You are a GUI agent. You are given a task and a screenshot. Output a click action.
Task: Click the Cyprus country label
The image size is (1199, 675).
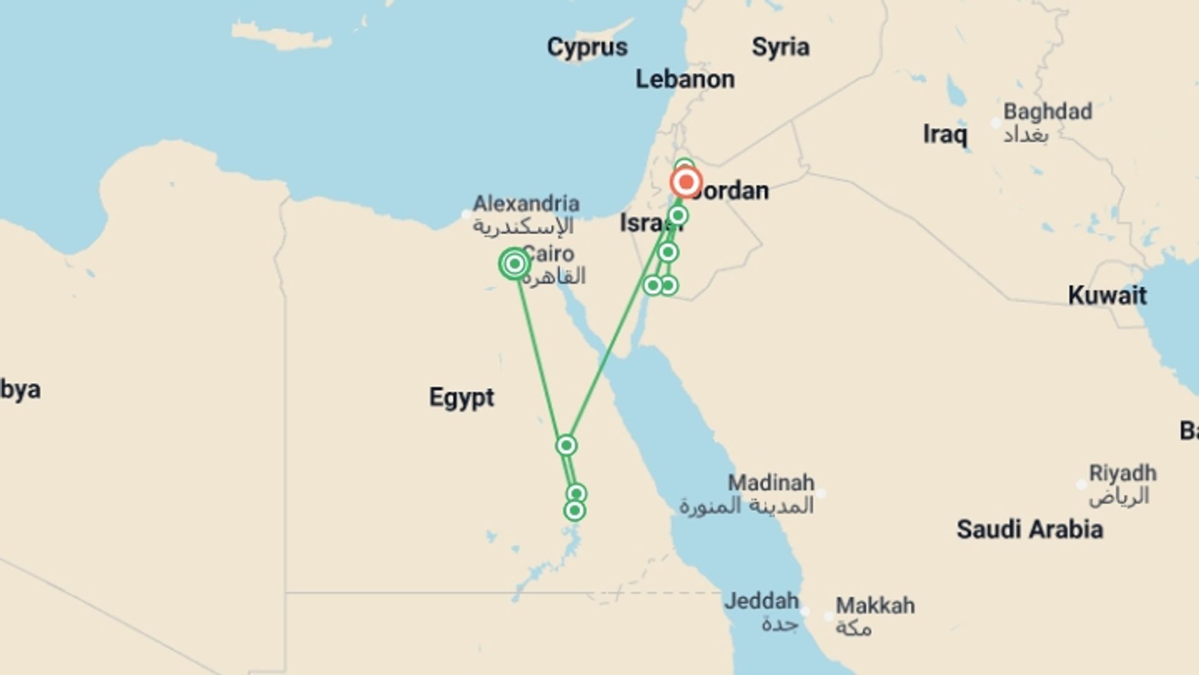pos(587,47)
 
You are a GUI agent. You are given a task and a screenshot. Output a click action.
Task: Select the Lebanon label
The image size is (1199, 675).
pos(684,79)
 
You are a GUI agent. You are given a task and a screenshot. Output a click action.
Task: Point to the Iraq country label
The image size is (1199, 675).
pos(945,134)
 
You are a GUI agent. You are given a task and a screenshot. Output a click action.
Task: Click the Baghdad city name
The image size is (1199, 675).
pos(1047,112)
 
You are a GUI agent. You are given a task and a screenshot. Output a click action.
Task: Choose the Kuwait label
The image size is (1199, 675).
pos(1107,296)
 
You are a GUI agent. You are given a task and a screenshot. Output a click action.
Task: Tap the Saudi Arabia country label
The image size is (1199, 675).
pos(1029,529)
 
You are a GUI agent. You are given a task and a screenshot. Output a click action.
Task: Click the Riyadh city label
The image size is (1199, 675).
pos(1122,473)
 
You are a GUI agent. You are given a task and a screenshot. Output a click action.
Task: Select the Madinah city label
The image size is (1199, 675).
pos(771,483)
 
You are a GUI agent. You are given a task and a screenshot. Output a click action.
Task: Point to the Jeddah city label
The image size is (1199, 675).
pos(761,601)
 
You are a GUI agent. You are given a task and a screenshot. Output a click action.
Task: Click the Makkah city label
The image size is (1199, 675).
pos(875,606)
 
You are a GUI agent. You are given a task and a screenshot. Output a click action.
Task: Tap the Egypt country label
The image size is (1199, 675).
pos(461,397)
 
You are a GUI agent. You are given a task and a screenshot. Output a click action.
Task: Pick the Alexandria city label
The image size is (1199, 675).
pos(526,204)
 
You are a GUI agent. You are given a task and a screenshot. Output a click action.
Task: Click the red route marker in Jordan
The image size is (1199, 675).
pos(686,182)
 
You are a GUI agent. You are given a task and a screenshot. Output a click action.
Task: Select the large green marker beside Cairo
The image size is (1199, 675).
pos(515,264)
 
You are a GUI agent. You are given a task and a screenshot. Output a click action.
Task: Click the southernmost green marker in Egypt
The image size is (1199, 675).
pos(575,511)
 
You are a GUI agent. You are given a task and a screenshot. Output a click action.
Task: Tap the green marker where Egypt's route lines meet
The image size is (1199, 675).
pos(566,446)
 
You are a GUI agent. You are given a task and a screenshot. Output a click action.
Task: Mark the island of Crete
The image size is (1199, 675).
pos(281,36)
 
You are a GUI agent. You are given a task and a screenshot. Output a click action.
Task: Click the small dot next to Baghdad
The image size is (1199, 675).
pos(996,123)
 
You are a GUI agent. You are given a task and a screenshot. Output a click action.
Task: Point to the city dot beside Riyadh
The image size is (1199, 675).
pos(1082,484)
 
